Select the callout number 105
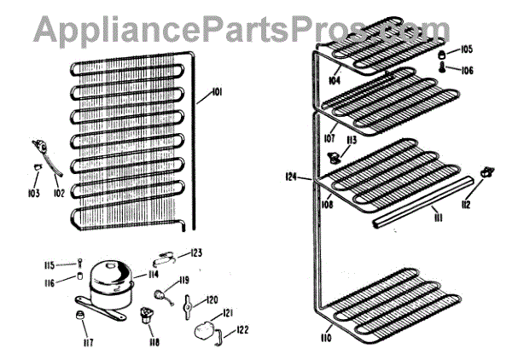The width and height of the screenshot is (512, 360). [467, 49]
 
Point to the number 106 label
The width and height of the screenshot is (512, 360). [467, 71]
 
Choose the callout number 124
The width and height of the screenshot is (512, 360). [292, 177]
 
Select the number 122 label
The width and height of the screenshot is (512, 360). [243, 330]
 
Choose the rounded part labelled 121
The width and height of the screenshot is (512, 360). [205, 328]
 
